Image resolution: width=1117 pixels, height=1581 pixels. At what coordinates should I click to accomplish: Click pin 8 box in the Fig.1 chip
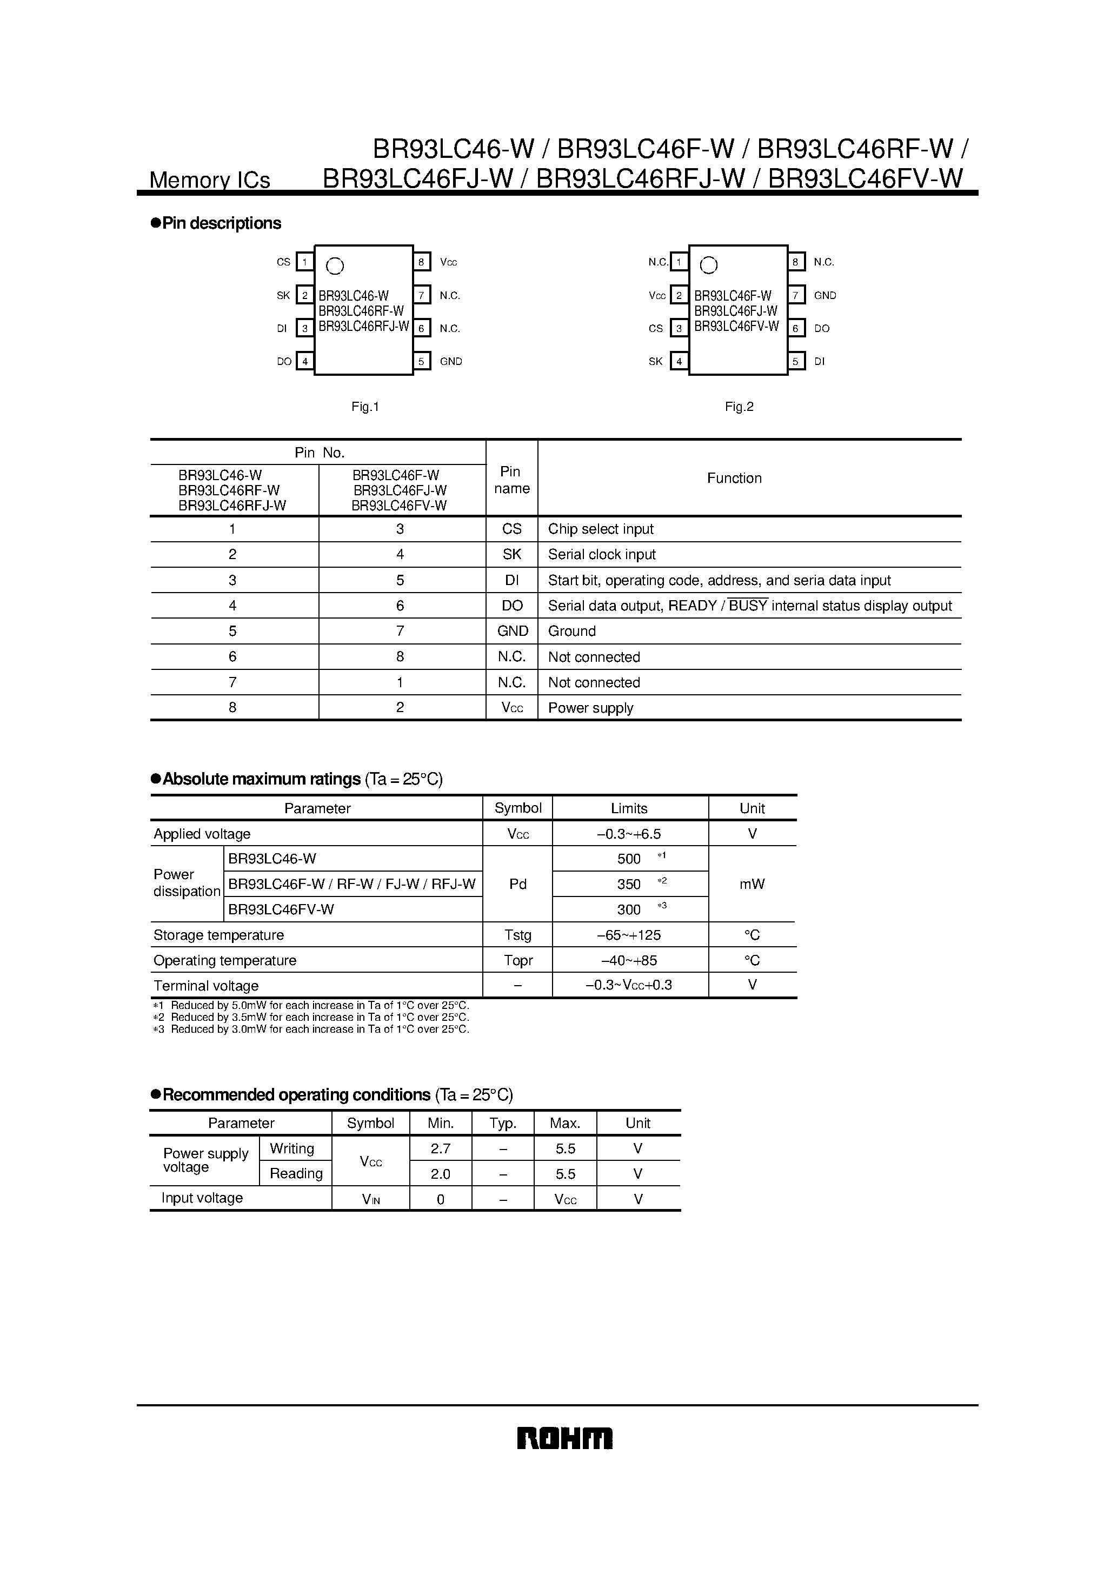pyautogui.click(x=422, y=262)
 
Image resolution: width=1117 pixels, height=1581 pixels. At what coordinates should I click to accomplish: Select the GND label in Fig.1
pyautogui.click(x=451, y=362)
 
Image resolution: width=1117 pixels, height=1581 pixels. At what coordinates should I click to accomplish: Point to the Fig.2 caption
pyautogui.click(x=739, y=407)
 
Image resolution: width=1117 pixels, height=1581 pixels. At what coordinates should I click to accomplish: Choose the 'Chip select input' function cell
pyautogui.click(x=601, y=529)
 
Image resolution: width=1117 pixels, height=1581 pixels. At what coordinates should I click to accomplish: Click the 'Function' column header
pyautogui.click(x=734, y=478)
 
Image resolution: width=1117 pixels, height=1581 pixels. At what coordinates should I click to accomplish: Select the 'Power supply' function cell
pyautogui.click(x=590, y=708)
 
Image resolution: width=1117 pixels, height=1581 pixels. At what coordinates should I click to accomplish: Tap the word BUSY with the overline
pyautogui.click(x=748, y=606)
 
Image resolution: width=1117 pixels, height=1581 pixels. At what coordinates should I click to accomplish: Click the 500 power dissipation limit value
pyautogui.click(x=629, y=859)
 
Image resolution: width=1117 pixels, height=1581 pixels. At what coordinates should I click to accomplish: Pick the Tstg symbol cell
pyautogui.click(x=517, y=935)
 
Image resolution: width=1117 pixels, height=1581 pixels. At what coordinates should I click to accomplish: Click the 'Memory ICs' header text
pyautogui.click(x=209, y=180)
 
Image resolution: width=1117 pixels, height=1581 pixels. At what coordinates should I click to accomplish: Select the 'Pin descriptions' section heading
pyautogui.click(x=221, y=223)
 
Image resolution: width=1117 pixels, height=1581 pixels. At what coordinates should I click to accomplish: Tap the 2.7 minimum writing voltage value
pyautogui.click(x=440, y=1148)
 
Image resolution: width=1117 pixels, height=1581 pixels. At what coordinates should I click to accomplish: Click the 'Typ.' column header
pyautogui.click(x=503, y=1123)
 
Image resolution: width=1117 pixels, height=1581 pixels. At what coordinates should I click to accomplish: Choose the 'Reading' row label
pyautogui.click(x=296, y=1173)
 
